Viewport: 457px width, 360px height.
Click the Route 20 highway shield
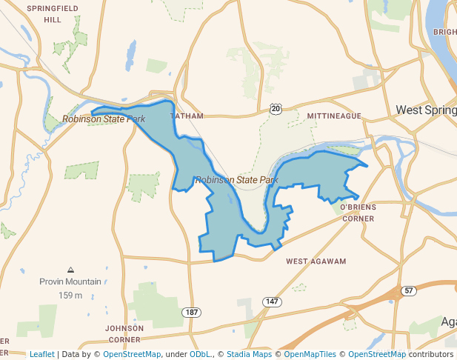pos(276,109)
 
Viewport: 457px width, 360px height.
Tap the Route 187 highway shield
pos(193,312)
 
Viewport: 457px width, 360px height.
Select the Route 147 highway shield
pos(273,301)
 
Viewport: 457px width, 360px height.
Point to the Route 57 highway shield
pos(408,290)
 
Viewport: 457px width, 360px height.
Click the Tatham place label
pos(186,116)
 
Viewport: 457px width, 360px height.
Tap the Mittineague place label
pos(334,116)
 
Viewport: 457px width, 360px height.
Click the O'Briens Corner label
pos(358,213)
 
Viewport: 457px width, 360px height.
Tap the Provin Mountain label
pos(70,281)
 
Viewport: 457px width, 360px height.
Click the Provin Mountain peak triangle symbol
pos(70,270)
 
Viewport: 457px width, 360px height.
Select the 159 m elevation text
pos(70,296)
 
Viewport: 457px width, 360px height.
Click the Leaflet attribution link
pos(42,354)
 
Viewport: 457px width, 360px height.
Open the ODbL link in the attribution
pos(201,354)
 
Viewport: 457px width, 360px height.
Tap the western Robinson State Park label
pos(104,119)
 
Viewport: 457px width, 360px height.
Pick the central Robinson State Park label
pos(236,180)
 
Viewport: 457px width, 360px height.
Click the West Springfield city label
pos(426,110)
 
